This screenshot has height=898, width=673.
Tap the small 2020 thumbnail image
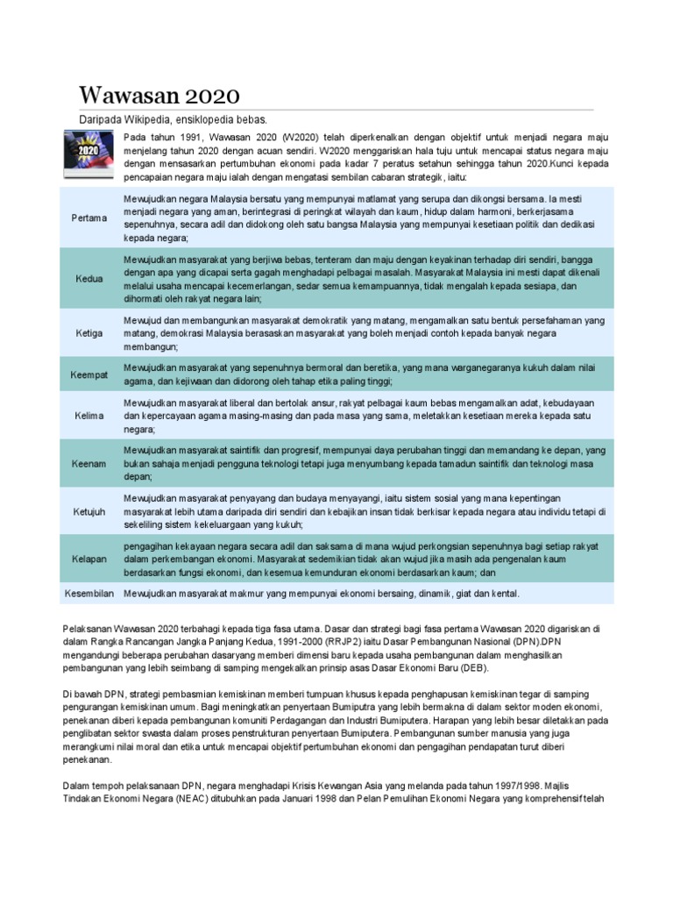pos(86,154)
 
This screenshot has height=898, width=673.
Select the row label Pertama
pos(89,217)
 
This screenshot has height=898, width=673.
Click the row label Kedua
pos(89,278)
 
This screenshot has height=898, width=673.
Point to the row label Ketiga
pos(89,333)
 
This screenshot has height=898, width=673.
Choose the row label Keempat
pos(89,374)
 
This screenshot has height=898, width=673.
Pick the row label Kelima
pos(89,416)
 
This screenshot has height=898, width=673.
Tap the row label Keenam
pos(89,463)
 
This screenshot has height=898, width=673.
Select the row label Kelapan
pos(89,558)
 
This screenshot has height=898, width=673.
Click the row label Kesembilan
pos(90,594)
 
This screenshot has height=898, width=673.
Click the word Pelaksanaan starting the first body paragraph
pos(93,629)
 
